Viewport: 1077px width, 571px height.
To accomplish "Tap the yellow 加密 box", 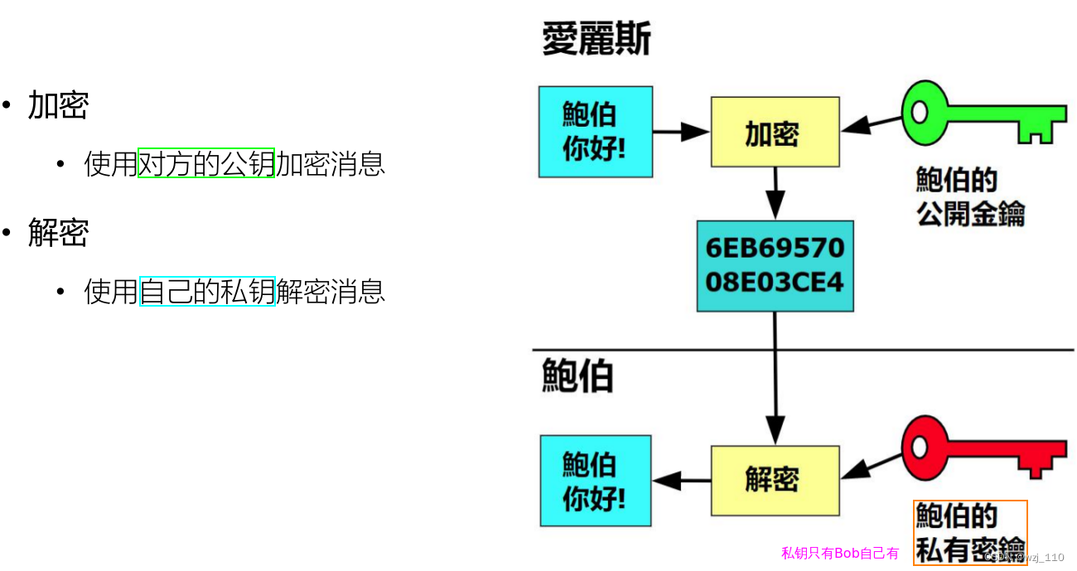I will (775, 132).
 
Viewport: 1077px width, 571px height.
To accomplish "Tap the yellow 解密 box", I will (775, 480).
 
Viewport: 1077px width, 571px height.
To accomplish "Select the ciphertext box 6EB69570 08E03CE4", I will (775, 265).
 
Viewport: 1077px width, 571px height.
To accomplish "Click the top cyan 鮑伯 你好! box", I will (595, 132).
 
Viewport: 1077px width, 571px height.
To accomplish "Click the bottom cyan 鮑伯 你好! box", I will (595, 481).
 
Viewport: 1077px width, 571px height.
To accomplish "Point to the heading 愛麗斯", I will (596, 38).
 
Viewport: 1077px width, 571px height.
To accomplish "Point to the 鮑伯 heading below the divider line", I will (577, 375).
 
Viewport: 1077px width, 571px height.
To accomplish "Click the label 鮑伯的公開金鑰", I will (969, 197).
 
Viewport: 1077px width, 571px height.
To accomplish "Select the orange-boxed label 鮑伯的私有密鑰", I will (969, 533).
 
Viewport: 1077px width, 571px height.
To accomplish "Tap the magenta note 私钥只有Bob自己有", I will (839, 553).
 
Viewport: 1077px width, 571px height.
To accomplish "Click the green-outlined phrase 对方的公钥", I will (205, 163).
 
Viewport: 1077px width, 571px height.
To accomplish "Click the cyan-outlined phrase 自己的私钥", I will (207, 291).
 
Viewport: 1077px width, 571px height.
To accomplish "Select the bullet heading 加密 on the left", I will (58, 105).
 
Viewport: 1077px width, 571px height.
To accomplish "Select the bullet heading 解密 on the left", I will (58, 233).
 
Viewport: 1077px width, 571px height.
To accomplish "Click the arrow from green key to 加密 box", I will (870, 124).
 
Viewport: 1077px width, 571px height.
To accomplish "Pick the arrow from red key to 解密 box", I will (870, 467).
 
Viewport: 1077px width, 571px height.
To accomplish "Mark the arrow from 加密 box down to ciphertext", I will (775, 192).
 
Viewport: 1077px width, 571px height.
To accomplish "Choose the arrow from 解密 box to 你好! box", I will (681, 480).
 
